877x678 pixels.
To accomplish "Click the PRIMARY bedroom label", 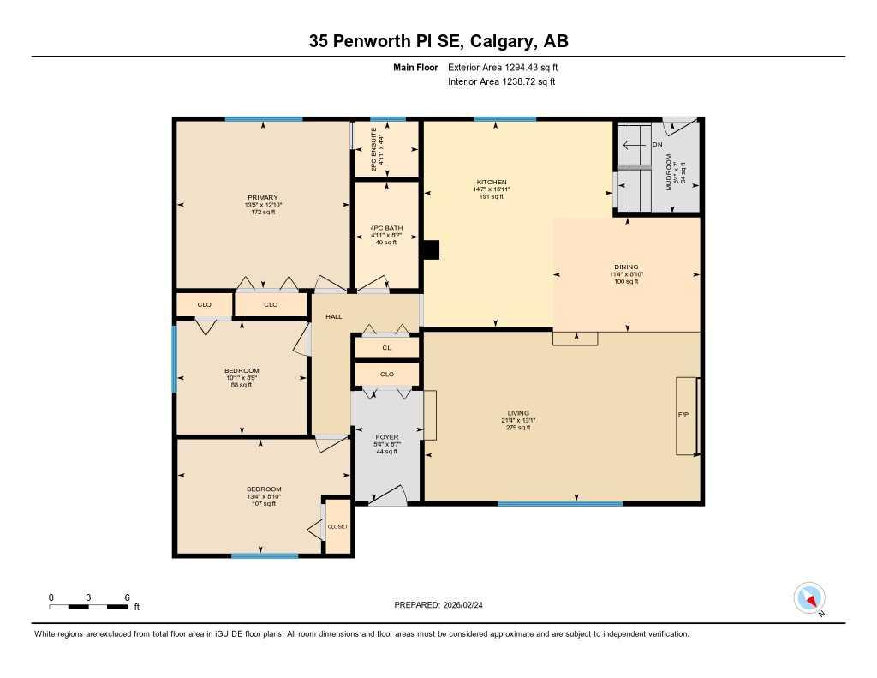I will (263, 198).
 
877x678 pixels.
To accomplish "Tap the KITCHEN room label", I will (492, 183).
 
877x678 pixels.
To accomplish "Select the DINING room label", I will (626, 267).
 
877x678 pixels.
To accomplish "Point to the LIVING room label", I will (517, 414).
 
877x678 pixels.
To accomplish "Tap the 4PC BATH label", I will (386, 229).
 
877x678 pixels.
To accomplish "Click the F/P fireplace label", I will (683, 414).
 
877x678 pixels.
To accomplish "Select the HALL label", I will (333, 317).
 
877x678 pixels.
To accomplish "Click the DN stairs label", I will (657, 145).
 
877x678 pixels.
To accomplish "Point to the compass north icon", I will (809, 597).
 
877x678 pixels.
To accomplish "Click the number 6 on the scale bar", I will (127, 597).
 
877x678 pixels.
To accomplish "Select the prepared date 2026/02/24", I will (468, 605).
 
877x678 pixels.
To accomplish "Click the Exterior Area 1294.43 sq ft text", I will (504, 67).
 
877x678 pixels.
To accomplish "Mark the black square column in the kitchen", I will (431, 249).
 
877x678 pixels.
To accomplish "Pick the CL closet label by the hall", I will (386, 348).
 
